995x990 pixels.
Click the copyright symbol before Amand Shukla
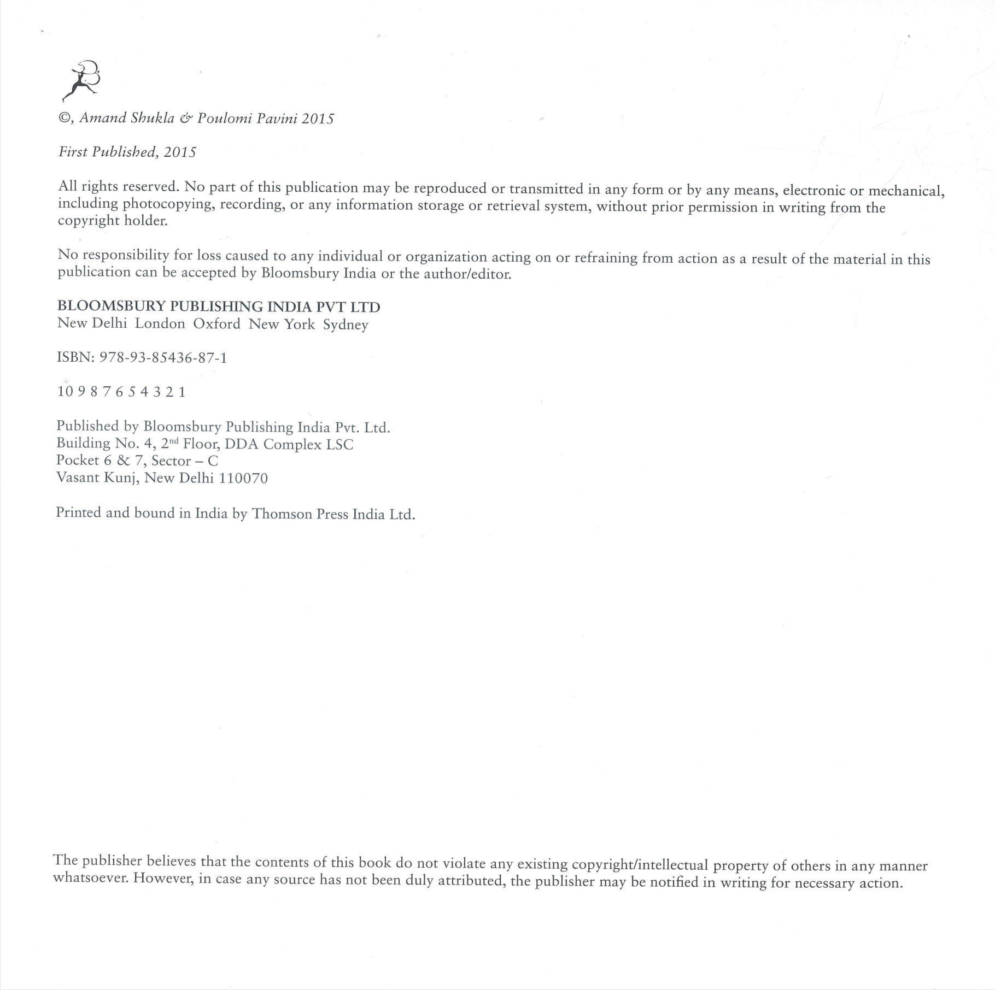point(64,118)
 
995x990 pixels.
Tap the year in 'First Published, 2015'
point(180,152)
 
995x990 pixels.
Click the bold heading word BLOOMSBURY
point(103,307)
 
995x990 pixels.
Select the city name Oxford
point(216,323)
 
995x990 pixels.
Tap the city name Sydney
point(346,325)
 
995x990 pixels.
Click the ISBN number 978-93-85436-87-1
point(163,358)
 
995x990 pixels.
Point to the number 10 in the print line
point(65,392)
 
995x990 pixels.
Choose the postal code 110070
point(243,479)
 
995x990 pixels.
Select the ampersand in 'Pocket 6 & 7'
point(123,461)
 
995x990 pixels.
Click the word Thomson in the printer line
point(282,514)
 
